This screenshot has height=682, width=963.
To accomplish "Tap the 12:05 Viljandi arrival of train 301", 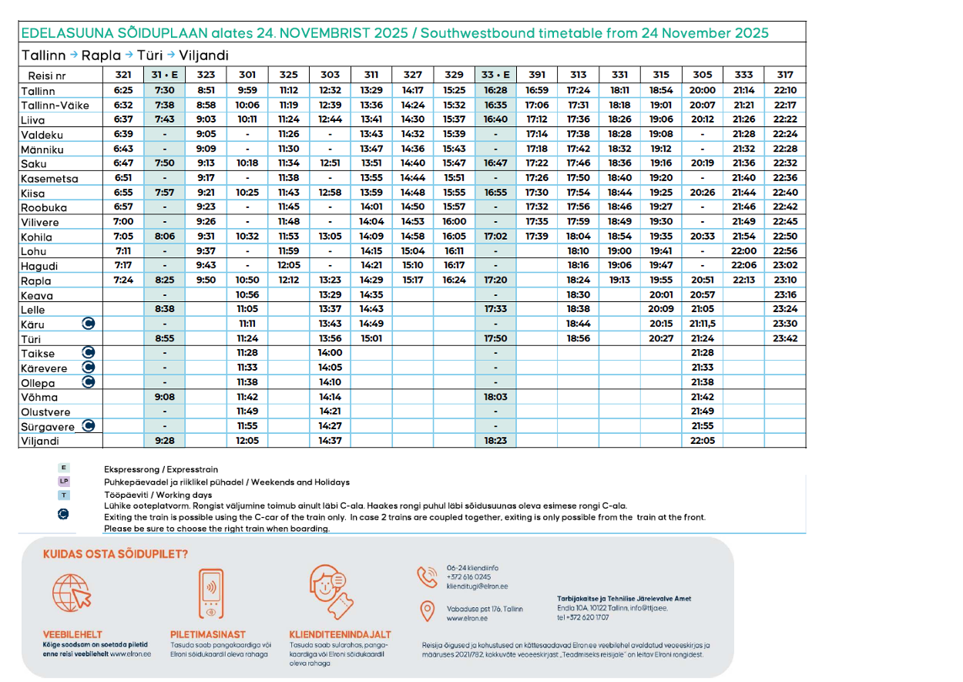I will click(x=247, y=441).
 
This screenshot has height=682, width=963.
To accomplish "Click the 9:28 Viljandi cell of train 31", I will click(x=164, y=441).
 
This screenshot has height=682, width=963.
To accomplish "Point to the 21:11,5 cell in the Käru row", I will click(x=702, y=324).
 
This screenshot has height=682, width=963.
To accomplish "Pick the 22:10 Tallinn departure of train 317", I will click(x=784, y=90).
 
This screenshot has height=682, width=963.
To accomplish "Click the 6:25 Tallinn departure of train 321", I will click(x=123, y=90).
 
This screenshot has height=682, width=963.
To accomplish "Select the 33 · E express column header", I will click(x=495, y=75).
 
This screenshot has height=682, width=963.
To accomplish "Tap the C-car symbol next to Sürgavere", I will click(x=89, y=425).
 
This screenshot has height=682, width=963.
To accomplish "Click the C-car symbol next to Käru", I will click(x=89, y=324).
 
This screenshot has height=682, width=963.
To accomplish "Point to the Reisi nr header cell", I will click(x=47, y=76).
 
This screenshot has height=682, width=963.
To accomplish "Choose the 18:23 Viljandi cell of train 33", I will click(x=495, y=441).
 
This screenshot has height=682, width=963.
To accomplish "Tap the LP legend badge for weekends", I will click(x=64, y=482).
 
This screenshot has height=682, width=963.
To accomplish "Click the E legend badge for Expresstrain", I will click(x=64, y=468).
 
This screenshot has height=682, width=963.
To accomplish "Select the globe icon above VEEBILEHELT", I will click(x=71, y=592).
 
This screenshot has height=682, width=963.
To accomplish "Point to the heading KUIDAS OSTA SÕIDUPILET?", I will click(x=116, y=553).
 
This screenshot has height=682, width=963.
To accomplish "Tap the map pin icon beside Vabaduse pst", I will click(x=427, y=611).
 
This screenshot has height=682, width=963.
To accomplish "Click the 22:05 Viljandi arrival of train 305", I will click(x=702, y=441).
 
